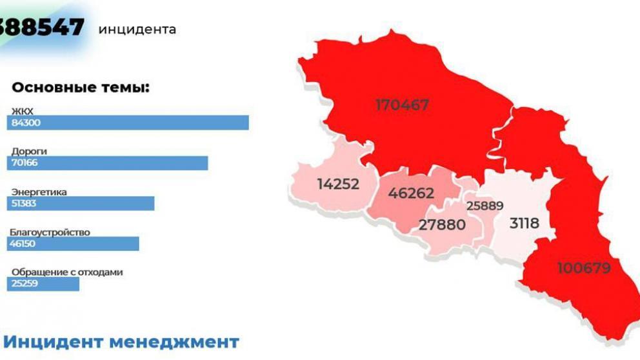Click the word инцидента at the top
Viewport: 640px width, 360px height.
[137, 29]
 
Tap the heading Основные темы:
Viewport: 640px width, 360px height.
[81, 88]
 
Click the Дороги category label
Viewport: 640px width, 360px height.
[29, 152]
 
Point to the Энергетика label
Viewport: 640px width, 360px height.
[39, 192]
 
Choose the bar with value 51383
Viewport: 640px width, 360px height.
[81, 203]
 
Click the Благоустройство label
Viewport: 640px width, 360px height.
[50, 232]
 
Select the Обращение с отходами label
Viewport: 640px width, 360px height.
[67, 272]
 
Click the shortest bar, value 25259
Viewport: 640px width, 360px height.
[43, 284]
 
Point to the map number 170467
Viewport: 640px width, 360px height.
[402, 105]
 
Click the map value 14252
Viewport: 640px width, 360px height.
[338, 184]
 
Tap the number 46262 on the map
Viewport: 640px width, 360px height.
[411, 193]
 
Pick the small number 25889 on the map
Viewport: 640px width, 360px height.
[485, 206]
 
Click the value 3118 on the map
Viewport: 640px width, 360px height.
[524, 223]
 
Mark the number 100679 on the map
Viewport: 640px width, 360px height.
[584, 267]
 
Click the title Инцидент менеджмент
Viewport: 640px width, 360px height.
[121, 341]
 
